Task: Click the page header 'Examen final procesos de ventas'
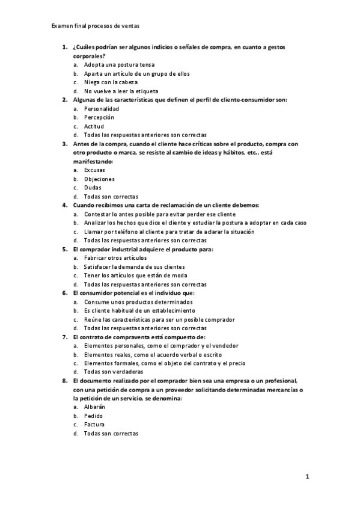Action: [x=96, y=26]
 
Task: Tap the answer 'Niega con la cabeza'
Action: [x=111, y=82]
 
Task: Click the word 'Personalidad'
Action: [x=102, y=109]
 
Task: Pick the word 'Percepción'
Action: [x=99, y=118]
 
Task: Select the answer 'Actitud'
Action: [x=94, y=127]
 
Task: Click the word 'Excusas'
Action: [x=95, y=170]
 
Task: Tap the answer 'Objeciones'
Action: [x=99, y=179]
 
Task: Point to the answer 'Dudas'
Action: [x=93, y=188]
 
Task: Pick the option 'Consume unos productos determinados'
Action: [x=138, y=302]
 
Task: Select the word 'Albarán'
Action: [x=95, y=407]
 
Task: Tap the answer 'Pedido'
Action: [x=94, y=416]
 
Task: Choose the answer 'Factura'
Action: [x=94, y=425]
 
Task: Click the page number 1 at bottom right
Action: [x=307, y=478]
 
